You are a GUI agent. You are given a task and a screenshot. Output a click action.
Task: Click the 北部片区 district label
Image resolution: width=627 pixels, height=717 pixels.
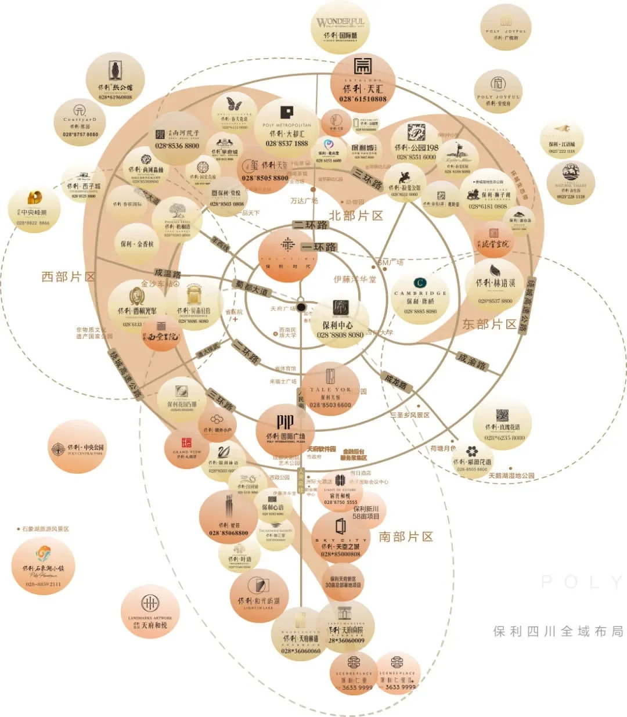click(x=356, y=215)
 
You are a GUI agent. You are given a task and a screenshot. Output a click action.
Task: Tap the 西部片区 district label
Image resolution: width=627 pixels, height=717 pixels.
click(x=69, y=276)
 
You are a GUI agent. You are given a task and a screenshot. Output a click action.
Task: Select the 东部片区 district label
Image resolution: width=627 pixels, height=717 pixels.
click(x=489, y=324)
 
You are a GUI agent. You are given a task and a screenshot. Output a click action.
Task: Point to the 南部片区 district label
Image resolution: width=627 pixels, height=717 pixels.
click(x=406, y=536)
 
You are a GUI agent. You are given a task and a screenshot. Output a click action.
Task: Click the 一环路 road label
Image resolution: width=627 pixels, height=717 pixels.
click(x=318, y=247)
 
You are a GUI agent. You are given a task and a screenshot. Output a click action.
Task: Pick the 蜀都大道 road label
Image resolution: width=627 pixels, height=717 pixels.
click(x=252, y=286)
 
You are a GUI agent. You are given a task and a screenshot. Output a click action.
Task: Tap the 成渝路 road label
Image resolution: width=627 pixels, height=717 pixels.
click(x=471, y=362)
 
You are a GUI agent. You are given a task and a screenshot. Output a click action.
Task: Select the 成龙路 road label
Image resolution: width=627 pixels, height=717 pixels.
click(x=396, y=381)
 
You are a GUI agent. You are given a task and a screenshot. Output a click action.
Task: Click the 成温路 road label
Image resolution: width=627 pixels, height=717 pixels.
click(x=168, y=273)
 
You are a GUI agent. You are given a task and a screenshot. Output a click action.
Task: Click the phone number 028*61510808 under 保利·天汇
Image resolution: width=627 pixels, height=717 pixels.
click(x=363, y=99)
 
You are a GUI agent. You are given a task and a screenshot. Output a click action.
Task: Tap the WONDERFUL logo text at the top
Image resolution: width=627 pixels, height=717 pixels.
click(x=341, y=23)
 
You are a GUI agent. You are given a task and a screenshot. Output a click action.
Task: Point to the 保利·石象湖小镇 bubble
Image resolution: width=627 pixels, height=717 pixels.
click(x=44, y=565)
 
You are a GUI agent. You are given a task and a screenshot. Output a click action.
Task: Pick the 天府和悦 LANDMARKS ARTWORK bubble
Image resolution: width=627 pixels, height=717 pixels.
click(x=149, y=612)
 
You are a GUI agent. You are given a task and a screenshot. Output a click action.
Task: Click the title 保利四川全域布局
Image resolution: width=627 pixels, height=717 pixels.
click(x=558, y=631)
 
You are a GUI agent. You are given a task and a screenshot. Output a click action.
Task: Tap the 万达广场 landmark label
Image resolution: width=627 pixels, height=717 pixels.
click(x=304, y=201)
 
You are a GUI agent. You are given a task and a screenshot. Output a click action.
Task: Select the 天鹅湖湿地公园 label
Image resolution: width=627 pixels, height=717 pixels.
click(x=511, y=475)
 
